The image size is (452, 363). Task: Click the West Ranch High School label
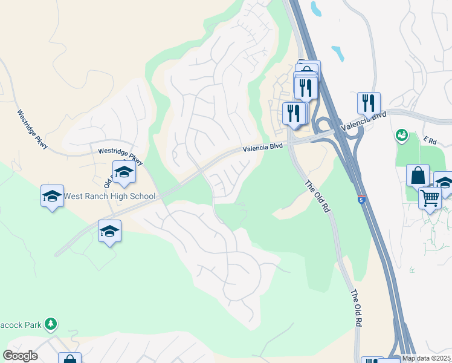coord(109,196)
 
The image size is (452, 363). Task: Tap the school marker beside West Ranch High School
coord(52,195)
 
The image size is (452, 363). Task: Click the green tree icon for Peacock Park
coord(51,324)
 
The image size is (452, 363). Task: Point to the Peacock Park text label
coord(21,325)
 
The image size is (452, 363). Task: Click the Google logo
coord(20,355)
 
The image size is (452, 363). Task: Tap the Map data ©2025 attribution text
coord(427,358)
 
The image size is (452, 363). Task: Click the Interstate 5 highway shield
coord(361,200)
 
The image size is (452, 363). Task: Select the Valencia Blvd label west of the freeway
coord(263,147)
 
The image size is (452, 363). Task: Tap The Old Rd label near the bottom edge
coord(357,309)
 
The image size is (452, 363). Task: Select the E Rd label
coord(430,140)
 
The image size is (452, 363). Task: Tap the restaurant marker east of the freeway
coord(369,102)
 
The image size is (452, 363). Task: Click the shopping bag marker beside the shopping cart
coord(418,175)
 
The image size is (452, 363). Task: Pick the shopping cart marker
coord(430,197)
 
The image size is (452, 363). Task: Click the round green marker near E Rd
coord(401,135)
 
